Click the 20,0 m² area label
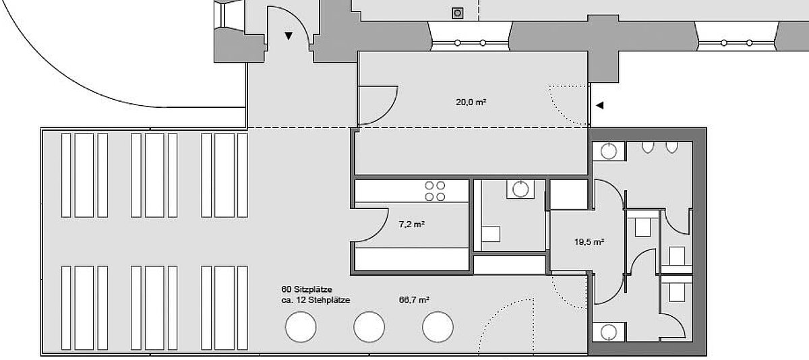[471, 102]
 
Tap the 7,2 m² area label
[412, 224]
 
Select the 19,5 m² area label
[589, 241]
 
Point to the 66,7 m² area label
[414, 300]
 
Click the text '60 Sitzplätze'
[307, 289]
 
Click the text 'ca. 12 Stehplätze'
[316, 300]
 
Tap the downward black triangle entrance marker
[289, 36]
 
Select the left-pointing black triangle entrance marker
[599, 105]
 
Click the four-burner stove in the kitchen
[435, 191]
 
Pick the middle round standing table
[369, 327]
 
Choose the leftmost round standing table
[301, 327]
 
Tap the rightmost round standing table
[438, 327]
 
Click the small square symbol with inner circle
[458, 13]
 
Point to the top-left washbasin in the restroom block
[609, 151]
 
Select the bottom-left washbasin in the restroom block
[609, 332]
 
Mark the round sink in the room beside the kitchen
[520, 189]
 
